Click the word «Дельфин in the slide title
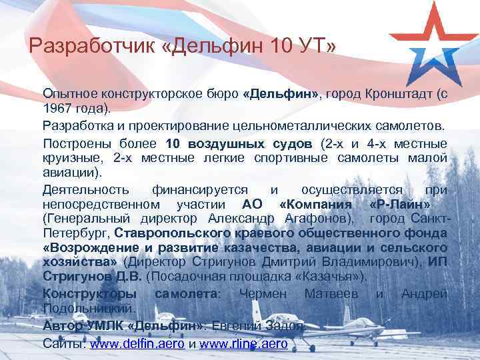(x=216, y=47)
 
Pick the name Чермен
(x=263, y=293)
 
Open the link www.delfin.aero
(x=137, y=345)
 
